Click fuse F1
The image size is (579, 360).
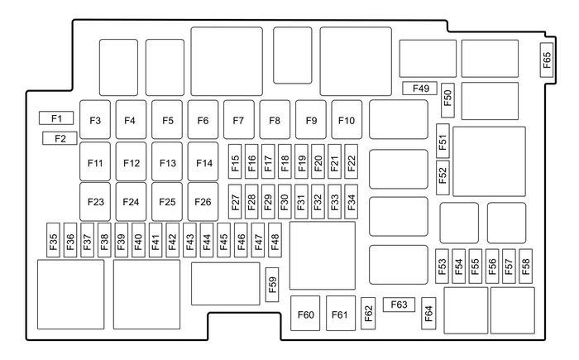(56, 118)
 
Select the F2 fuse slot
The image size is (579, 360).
(60, 138)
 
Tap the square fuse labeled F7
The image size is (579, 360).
(238, 120)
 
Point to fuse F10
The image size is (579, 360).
(347, 120)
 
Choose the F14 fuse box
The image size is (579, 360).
(203, 162)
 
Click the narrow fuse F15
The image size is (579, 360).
(235, 161)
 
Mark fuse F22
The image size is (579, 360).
(352, 161)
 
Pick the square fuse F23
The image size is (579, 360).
(95, 202)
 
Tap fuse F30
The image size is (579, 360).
(285, 202)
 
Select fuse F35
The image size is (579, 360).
(54, 240)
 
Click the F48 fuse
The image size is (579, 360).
(275, 240)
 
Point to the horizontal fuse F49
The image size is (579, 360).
(420, 89)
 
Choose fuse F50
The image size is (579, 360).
(448, 100)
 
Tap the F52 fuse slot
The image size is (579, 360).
(443, 177)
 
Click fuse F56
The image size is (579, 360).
(492, 266)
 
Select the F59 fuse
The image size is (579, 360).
(272, 285)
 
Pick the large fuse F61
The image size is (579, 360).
(341, 314)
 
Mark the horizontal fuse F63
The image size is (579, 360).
(399, 305)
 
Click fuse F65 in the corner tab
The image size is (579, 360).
(547, 60)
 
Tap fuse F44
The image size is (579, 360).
(207, 240)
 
